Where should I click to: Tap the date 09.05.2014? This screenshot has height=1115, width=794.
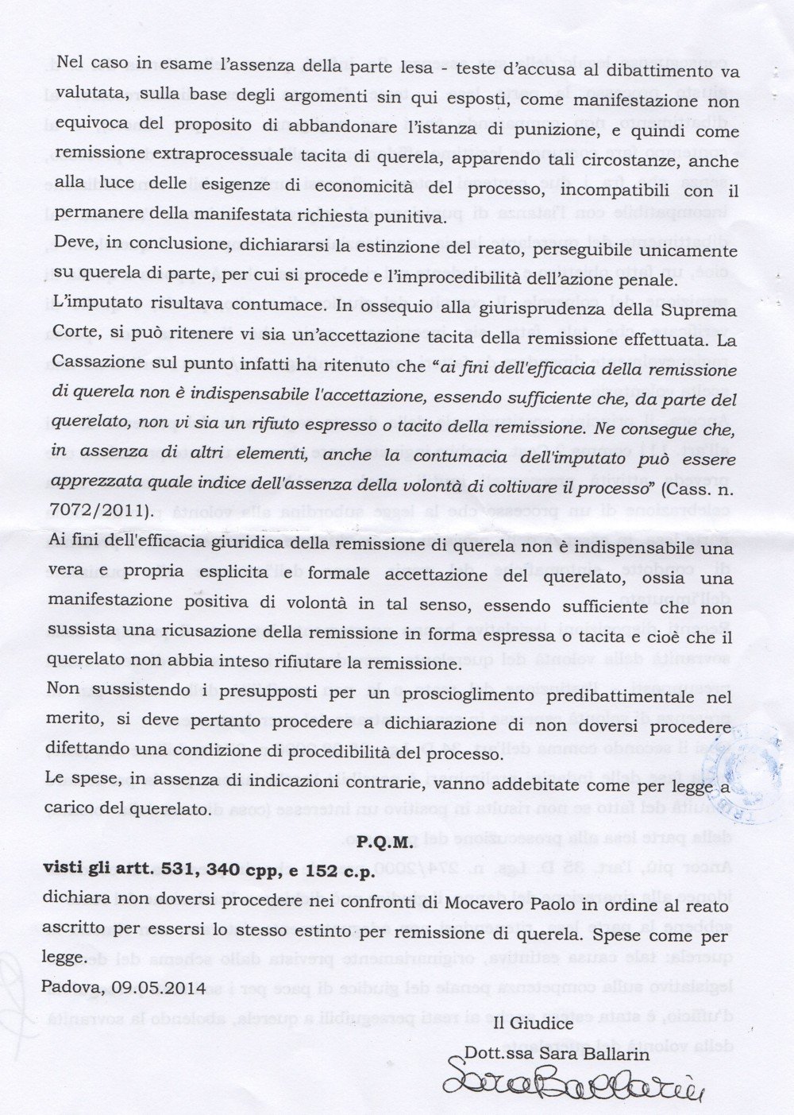pos(162,987)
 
